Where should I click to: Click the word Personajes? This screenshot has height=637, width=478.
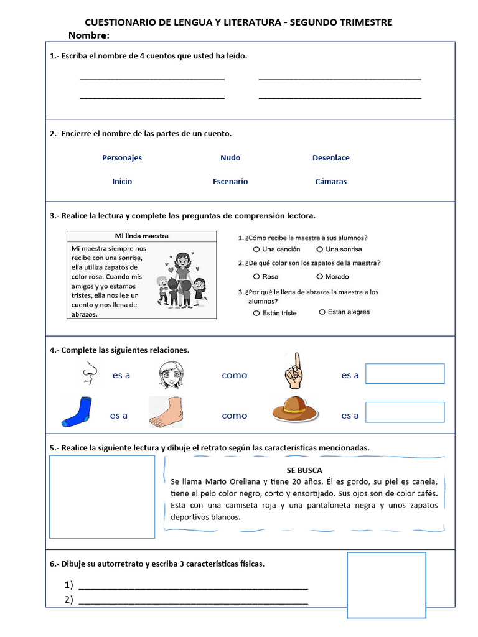tap(122, 157)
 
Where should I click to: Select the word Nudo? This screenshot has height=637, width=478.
tap(230, 157)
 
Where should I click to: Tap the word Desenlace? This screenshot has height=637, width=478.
tap(330, 157)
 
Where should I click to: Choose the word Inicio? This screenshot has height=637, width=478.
tap(122, 182)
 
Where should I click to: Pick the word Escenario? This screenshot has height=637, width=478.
tap(230, 182)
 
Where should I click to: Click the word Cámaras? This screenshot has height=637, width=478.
tap(330, 182)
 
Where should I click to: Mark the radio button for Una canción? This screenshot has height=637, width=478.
tap(256, 249)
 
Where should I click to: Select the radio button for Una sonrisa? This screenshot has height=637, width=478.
tap(319, 249)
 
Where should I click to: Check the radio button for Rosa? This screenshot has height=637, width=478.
tap(256, 276)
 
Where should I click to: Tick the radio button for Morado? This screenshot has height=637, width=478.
tap(319, 276)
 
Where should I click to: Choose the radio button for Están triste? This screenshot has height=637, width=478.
tap(256, 313)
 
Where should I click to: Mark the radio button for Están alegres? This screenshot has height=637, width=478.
tap(322, 312)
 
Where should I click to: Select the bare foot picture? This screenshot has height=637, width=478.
tap(175, 412)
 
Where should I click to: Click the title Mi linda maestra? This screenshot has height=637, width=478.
tap(142, 236)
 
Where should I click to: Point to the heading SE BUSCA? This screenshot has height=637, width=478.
tap(304, 470)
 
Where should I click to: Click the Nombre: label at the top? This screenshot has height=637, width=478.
tap(89, 35)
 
